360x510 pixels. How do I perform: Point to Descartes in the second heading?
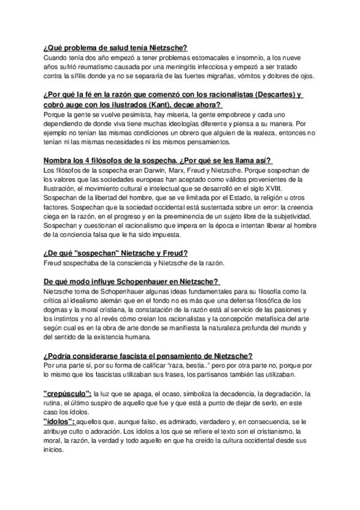coord(261,94)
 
